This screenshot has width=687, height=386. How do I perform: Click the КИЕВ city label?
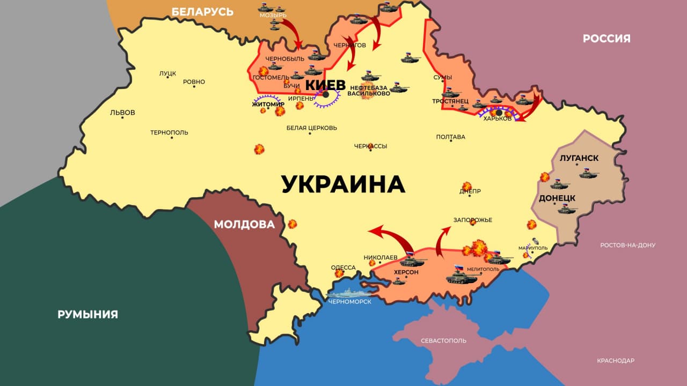click(325, 85)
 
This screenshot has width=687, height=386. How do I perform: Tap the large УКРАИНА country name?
click(343, 184)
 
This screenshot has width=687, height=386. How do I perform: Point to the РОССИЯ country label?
click(606, 39)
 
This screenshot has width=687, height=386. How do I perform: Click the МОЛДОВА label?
click(244, 224)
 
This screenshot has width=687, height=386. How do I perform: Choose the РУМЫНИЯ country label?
click(87, 315)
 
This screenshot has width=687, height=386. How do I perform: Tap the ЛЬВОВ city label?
click(122, 113)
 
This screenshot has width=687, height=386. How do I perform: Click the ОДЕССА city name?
click(343, 268)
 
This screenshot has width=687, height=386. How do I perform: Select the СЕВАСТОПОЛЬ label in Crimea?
click(443, 340)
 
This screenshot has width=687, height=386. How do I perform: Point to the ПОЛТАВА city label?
click(450, 137)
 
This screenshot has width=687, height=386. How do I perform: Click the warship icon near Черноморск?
click(347, 293)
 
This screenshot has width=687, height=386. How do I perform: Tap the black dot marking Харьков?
click(499, 113)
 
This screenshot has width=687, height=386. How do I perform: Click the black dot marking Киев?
click(325, 95)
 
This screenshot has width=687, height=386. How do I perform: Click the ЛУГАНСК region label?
click(579, 159)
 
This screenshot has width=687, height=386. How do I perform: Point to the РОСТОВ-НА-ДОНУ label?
click(627, 245)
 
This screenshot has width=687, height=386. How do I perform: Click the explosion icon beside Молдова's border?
click(292, 224)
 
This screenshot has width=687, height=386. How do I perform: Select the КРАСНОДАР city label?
click(616, 360)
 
